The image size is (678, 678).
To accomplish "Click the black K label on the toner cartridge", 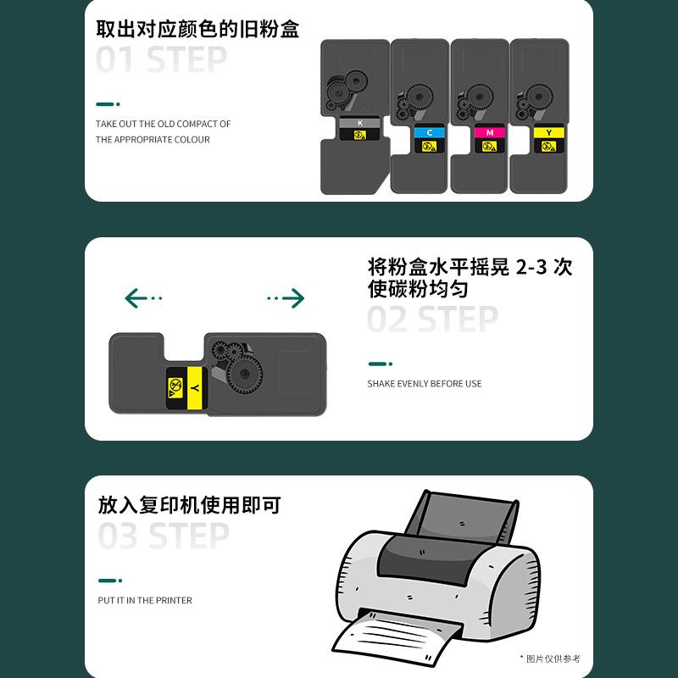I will [360, 124].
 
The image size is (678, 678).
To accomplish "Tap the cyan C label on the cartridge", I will [429, 133].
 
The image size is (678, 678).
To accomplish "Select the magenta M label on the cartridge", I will [489, 133].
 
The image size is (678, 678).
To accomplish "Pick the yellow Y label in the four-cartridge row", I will [548, 133].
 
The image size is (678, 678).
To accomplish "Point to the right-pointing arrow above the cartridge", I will [286, 297].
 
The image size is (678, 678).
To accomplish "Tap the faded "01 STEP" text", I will [161, 60].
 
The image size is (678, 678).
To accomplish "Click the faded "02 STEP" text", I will [432, 320].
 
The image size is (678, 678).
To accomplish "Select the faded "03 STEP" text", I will [164, 536].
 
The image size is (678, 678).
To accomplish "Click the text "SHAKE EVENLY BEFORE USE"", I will [424, 384].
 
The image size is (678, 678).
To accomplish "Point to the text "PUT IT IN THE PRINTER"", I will [145, 600].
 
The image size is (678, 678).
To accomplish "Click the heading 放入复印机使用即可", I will [189, 506].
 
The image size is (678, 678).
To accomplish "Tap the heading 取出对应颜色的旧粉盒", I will [197, 29].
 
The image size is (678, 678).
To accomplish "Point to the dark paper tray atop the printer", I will [462, 518].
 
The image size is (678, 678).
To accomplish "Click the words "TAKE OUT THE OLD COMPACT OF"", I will [163, 124].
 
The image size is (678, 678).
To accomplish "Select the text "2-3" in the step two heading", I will [530, 267].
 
